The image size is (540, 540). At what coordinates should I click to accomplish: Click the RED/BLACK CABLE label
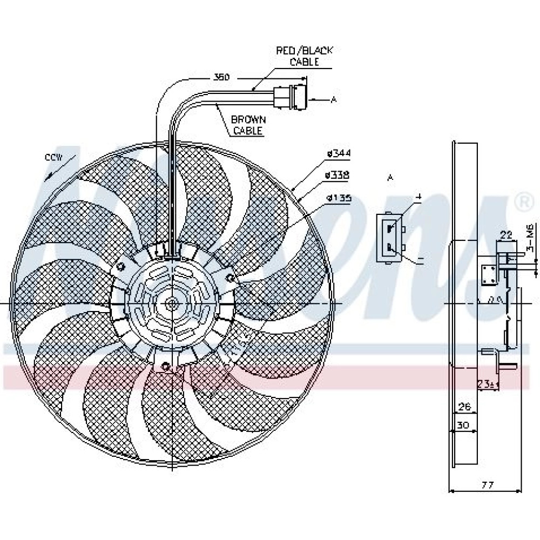click(305, 56)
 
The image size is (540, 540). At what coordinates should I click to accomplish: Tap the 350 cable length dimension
click(221, 78)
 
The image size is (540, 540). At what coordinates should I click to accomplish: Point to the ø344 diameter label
click(339, 154)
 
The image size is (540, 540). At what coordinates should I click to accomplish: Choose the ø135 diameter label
click(339, 198)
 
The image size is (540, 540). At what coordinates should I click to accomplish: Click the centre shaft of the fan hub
click(172, 304)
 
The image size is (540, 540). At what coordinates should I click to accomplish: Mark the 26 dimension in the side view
click(463, 406)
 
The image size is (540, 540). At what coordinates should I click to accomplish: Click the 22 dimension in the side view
click(505, 234)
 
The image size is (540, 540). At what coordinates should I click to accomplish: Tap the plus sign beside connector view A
click(417, 198)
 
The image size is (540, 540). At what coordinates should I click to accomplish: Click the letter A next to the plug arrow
click(334, 99)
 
